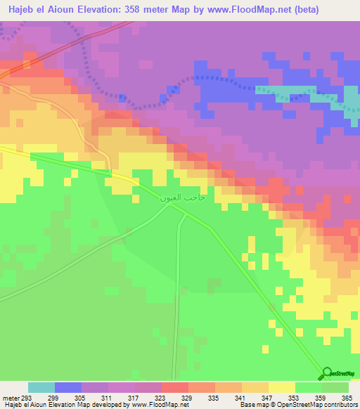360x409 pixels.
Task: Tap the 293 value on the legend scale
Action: [27, 397]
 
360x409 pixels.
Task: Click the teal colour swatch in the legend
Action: [41, 387]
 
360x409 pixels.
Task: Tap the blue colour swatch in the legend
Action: [68, 387]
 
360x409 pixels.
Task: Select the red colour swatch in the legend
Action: [175, 387]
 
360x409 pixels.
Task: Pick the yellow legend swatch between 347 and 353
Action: [282, 387]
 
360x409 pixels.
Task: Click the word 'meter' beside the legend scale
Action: [10, 397]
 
